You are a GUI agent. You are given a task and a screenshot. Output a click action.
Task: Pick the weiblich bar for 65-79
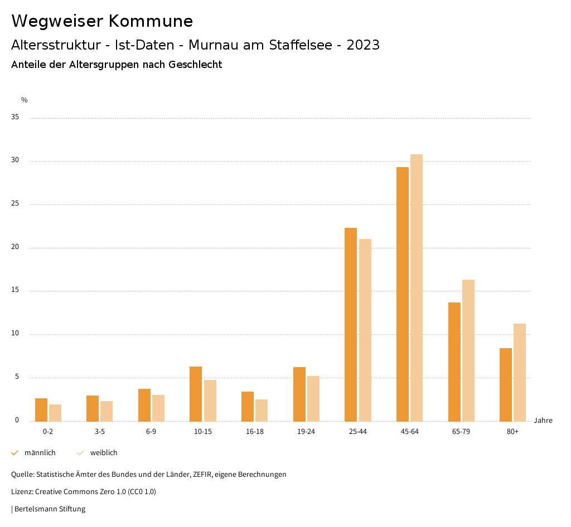pyautogui.click(x=468, y=350)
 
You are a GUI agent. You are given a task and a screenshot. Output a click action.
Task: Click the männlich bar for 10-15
pyautogui.click(x=196, y=394)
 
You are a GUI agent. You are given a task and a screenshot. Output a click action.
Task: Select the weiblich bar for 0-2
pyautogui.click(x=55, y=413)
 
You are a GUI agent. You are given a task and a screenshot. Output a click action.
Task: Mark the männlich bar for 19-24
pyautogui.click(x=299, y=394)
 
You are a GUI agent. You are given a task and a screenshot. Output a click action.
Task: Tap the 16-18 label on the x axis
pyautogui.click(x=255, y=432)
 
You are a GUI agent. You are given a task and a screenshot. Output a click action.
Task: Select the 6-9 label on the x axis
pyautogui.click(x=151, y=432)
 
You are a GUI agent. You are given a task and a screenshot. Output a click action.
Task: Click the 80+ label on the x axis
pyautogui.click(x=513, y=432)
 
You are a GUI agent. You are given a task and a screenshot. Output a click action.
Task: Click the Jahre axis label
pyautogui.click(x=543, y=421)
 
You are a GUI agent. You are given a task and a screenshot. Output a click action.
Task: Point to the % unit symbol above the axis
pyautogui.click(x=25, y=100)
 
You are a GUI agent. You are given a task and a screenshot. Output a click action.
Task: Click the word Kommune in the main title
pyautogui.click(x=151, y=21)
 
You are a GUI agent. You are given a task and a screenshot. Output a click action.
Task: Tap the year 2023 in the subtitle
pyautogui.click(x=363, y=45)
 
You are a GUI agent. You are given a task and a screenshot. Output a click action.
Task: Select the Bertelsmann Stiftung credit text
pyautogui.click(x=50, y=509)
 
